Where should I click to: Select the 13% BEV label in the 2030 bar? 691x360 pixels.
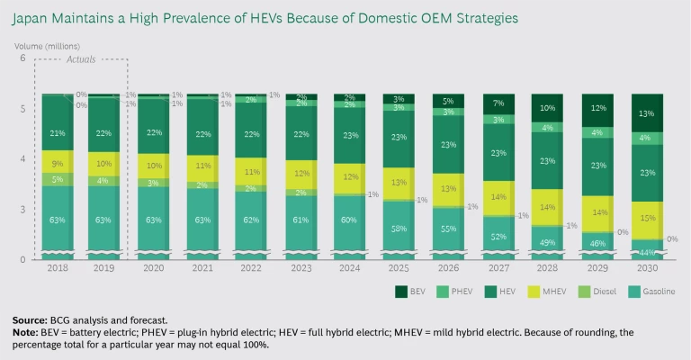tap(646, 113)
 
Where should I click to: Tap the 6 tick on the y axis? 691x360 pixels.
tap(22, 58)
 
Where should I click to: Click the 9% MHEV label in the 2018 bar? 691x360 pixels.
tap(58, 165)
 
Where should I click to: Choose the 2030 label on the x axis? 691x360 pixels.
tap(646, 268)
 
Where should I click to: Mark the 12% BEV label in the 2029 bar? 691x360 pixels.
tap(596, 108)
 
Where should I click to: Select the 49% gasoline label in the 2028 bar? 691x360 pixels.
tap(546, 242)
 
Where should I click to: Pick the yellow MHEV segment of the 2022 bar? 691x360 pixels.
tap(248, 171)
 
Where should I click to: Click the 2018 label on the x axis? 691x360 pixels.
tap(58, 268)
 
